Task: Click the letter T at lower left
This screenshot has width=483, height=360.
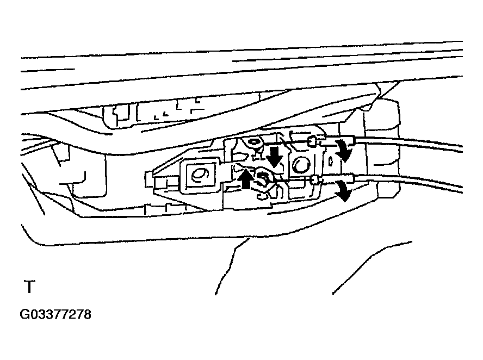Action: click(x=29, y=287)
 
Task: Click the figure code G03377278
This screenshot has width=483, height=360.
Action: click(x=55, y=314)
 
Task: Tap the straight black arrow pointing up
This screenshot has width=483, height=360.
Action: click(x=246, y=178)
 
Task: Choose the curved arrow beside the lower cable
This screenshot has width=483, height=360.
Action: click(x=344, y=191)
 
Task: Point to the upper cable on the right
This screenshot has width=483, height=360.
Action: click(x=410, y=144)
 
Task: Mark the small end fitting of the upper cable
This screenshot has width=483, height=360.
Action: click(x=312, y=141)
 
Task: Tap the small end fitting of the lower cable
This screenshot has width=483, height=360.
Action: click(x=315, y=179)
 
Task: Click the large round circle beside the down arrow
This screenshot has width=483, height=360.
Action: click(x=301, y=165)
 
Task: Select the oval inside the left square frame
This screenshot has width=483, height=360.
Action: click(x=200, y=175)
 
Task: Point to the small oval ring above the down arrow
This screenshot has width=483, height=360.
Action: click(x=253, y=142)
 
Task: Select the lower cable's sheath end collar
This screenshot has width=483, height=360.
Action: click(x=352, y=179)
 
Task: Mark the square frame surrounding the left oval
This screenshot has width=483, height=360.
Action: click(x=200, y=176)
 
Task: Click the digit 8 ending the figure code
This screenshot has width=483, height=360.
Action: click(x=88, y=314)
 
